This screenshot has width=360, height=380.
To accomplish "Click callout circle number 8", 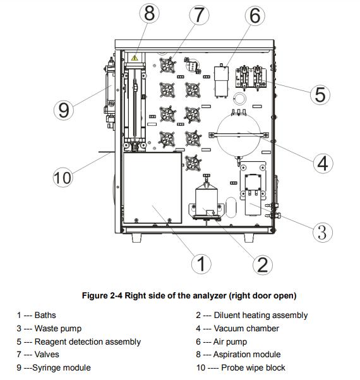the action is [150, 13].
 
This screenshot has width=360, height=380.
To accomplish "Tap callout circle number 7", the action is [199, 15].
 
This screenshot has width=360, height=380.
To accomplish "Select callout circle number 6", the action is [255, 16].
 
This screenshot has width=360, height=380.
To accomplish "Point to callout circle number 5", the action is [320, 95].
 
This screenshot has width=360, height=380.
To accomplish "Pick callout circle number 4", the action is [323, 163].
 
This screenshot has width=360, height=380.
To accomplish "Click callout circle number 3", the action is [323, 232].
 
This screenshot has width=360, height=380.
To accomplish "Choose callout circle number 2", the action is [263, 265].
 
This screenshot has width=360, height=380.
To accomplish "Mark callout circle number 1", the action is [201, 264].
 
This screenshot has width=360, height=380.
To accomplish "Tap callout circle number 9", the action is [64, 110].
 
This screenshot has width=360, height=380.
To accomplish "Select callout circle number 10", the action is [63, 177].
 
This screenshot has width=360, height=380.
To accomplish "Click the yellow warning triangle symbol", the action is [135, 58].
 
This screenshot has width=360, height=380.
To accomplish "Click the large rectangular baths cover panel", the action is [152, 188].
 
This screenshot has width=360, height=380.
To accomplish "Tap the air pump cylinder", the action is [221, 82].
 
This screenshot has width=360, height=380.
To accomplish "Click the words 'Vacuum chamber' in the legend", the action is [246, 328].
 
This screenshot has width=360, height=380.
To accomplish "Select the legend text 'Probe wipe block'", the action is [253, 367].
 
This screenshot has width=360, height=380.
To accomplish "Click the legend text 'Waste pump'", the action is [58, 329].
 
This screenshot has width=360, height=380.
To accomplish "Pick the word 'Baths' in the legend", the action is [45, 315].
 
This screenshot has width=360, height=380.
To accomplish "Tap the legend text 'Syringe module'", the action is [61, 367].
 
